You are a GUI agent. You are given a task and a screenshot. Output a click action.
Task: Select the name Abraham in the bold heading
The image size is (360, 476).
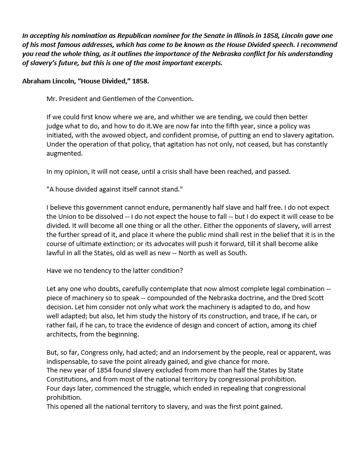click(36, 80)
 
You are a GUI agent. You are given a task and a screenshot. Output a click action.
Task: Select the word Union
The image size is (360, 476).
click(68, 217)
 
